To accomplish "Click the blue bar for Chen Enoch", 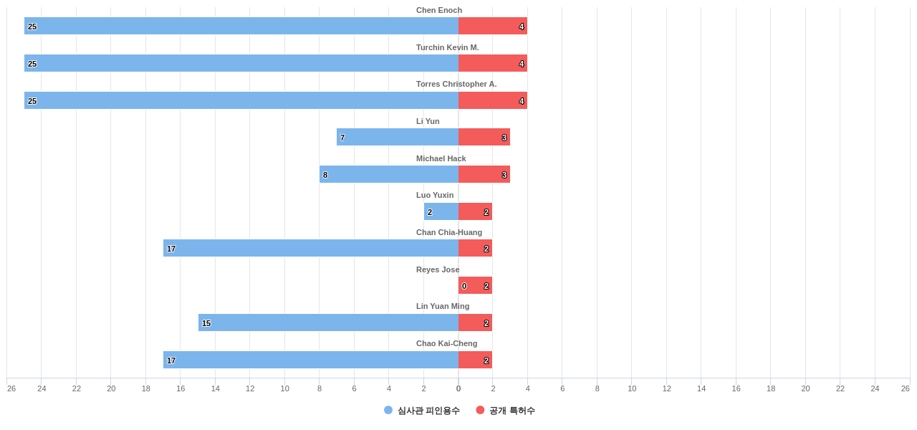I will (x=241, y=26).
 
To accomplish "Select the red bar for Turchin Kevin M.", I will (x=493, y=63).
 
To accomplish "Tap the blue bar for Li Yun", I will (x=398, y=137).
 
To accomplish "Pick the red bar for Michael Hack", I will (x=484, y=174).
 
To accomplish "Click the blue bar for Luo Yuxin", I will (x=441, y=211).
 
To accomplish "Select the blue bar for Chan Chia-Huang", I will (x=311, y=248).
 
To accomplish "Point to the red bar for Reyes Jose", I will (x=476, y=285).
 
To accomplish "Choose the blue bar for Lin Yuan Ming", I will (x=328, y=322).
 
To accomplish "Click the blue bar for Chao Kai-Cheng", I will (x=311, y=360).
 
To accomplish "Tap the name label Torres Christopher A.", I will (x=456, y=84).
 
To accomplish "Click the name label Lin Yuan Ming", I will (x=443, y=306).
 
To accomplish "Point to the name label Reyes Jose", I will (x=438, y=269).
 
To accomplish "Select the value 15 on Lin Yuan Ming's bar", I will (x=206, y=323).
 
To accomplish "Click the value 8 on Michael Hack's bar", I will (x=325, y=175).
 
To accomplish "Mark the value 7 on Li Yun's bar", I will (x=342, y=138).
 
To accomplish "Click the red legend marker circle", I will (x=480, y=410).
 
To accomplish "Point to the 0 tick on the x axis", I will (x=458, y=388).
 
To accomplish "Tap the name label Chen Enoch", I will (x=439, y=10).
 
